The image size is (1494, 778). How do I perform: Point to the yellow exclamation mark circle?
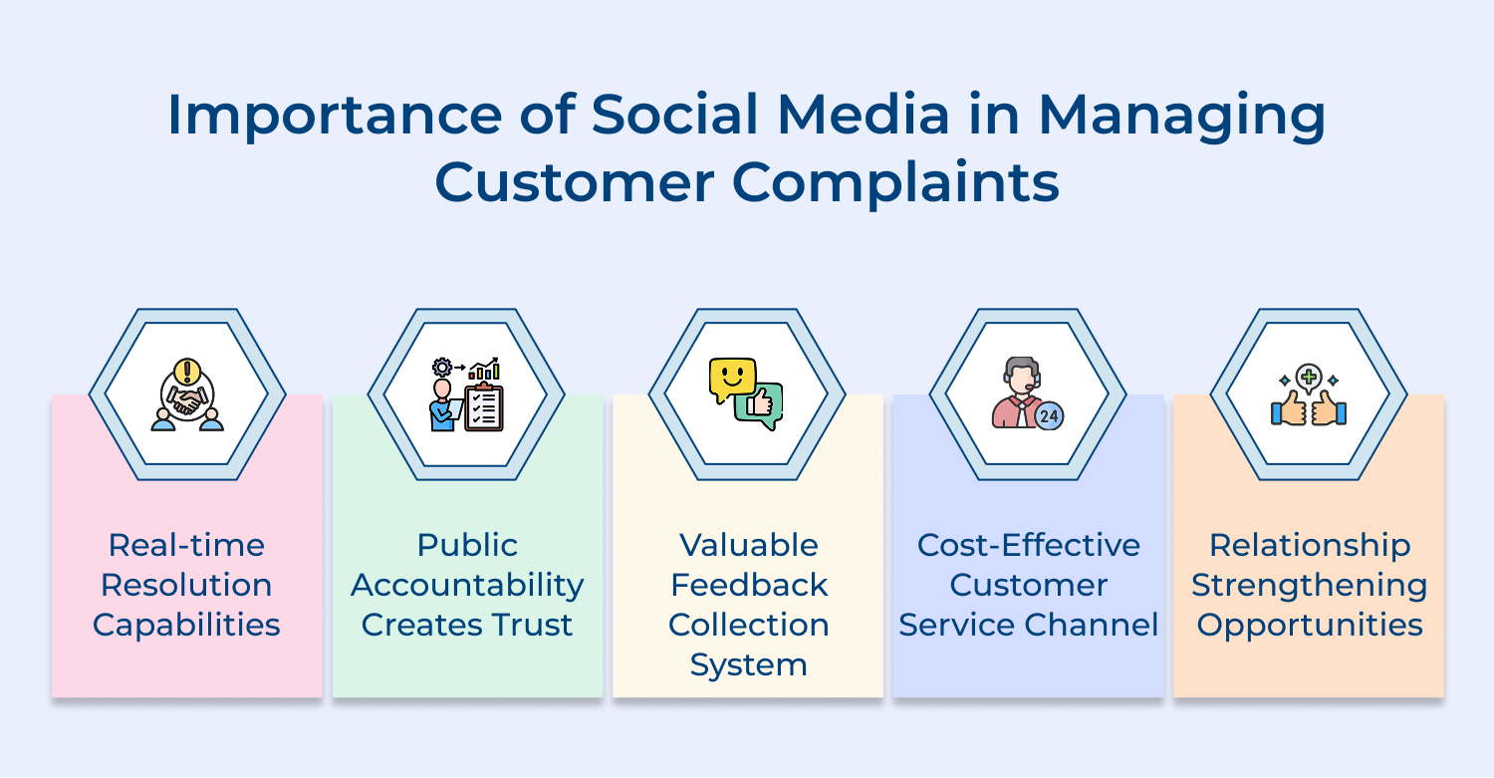coord(186,372)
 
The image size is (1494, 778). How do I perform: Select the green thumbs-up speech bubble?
coord(760,406)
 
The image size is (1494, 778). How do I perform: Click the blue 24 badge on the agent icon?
coord(1048,415)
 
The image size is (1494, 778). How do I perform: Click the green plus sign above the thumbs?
coord(1309,378)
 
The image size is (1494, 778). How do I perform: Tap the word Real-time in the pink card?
coord(186,545)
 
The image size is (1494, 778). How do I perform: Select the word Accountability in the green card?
coord(467,585)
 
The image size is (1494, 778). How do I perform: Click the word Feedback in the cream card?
coord(748,585)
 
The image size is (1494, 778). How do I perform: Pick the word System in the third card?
coord(748,664)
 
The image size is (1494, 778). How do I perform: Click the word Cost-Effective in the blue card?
coord(1029,545)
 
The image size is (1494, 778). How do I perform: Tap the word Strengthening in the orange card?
coord(1309,585)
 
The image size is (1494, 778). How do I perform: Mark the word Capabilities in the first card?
coord(186,625)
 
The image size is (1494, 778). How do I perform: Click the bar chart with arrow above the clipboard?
coord(484,370)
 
